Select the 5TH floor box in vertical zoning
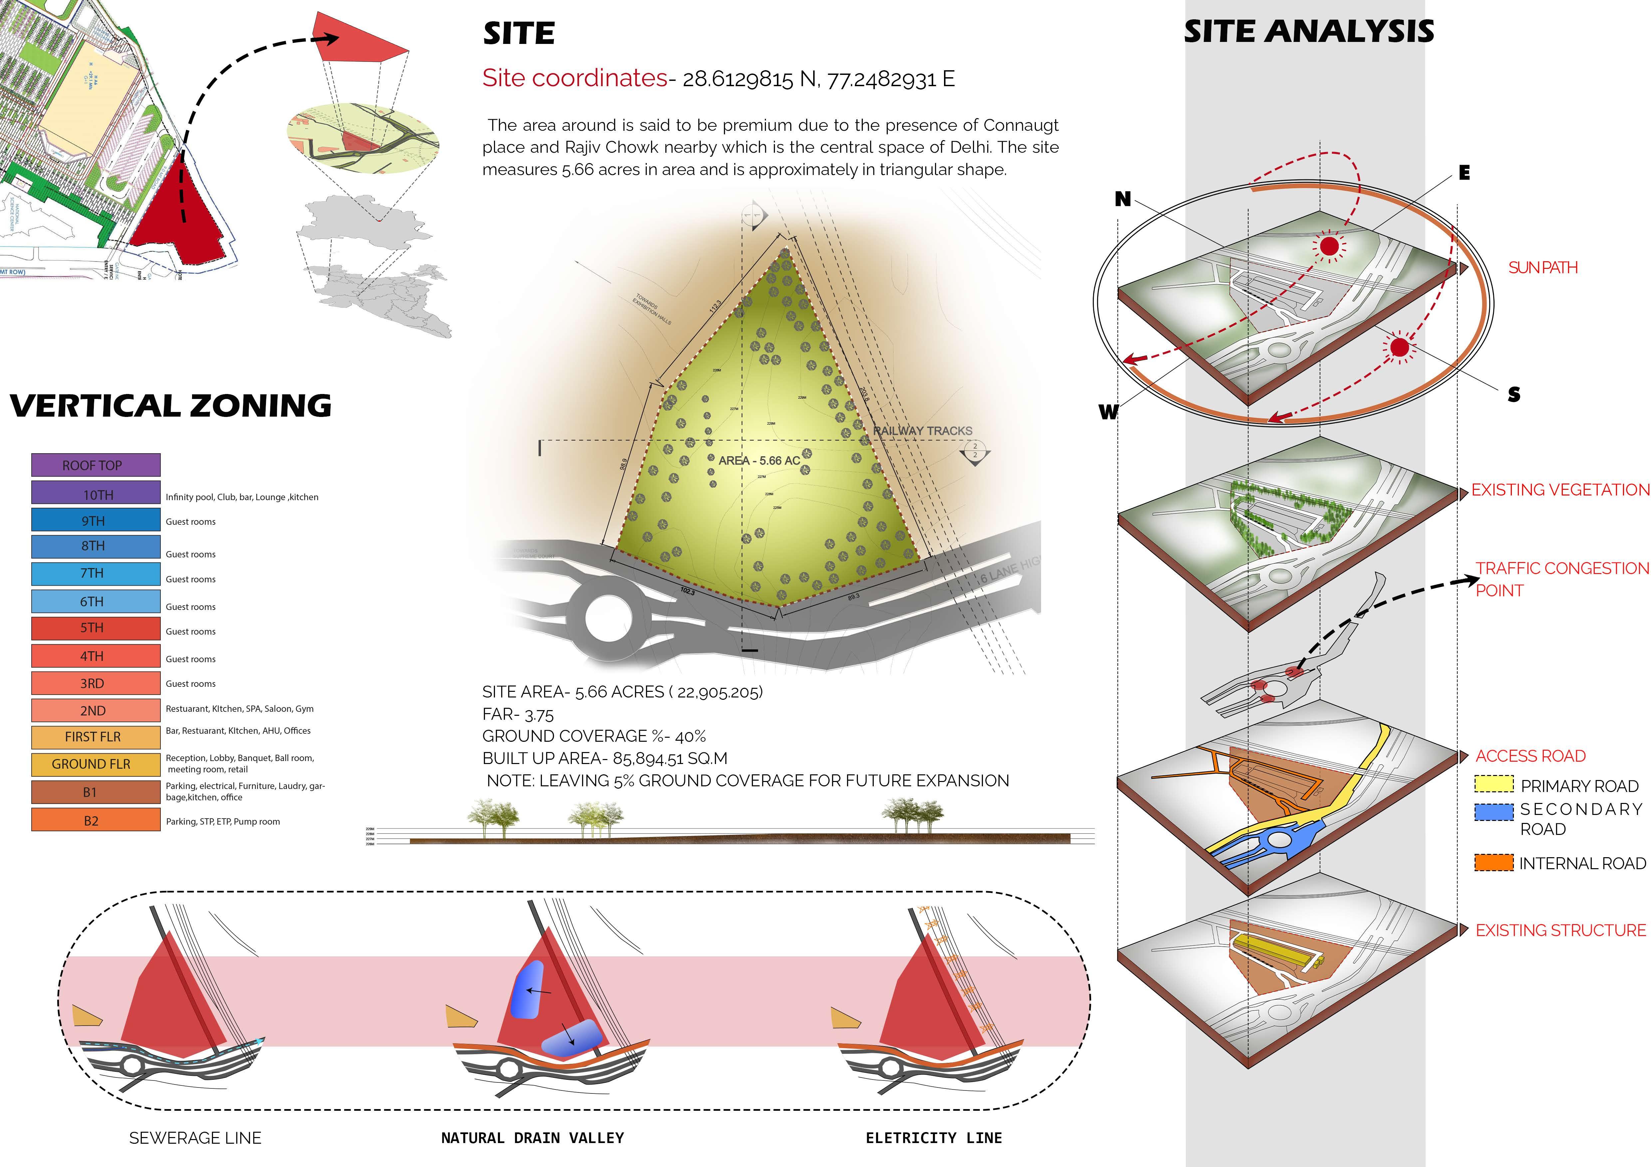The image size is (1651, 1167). [x=95, y=628]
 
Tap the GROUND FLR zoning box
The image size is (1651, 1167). [x=95, y=764]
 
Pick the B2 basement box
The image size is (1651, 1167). [x=95, y=820]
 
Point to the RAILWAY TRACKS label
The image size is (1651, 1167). [x=923, y=431]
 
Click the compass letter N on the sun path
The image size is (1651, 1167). [x=1122, y=199]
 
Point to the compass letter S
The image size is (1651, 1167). [x=1514, y=394]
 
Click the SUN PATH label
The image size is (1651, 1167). [x=1542, y=268]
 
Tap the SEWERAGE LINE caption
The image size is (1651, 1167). [x=195, y=1137]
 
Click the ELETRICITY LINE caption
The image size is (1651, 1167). [x=933, y=1137]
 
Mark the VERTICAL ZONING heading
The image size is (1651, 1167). [x=171, y=406]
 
